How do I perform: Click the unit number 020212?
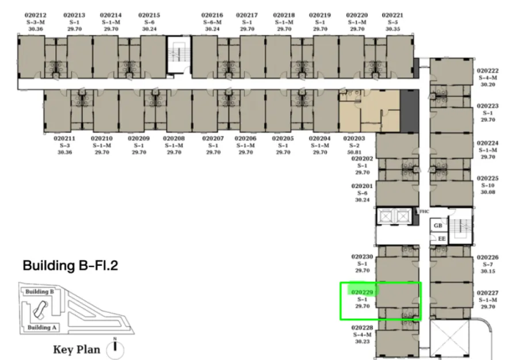click(35, 15)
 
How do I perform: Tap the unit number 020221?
click(393, 15)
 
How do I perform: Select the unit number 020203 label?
click(354, 139)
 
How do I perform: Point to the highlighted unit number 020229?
click(362, 292)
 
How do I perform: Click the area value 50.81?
click(354, 152)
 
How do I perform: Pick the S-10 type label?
click(487, 185)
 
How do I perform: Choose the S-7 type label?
click(487, 265)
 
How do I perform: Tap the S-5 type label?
click(393, 22)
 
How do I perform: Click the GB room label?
click(438, 225)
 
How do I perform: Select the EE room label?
click(441, 239)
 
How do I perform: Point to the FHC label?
click(424, 211)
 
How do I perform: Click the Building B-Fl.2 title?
click(70, 266)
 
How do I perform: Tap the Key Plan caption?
click(77, 350)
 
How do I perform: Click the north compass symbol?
click(115, 348)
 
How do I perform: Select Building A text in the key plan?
click(42, 327)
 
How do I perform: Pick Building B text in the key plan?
click(39, 292)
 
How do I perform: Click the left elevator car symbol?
click(386, 217)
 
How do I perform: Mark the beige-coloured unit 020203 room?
click(370, 110)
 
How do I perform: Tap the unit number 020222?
click(487, 71)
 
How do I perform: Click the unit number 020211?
click(64, 139)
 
